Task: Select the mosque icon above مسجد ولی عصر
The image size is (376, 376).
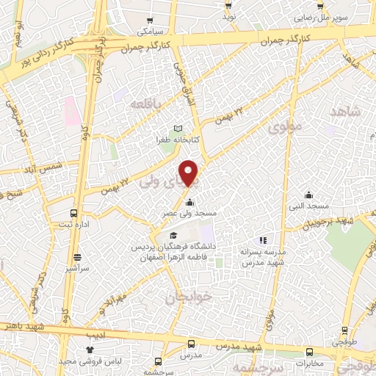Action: (189, 203)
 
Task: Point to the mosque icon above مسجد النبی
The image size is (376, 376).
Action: (309, 195)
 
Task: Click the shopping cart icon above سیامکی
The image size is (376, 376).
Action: (151, 21)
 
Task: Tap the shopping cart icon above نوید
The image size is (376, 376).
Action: (229, 5)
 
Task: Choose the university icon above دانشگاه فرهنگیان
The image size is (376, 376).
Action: (173, 236)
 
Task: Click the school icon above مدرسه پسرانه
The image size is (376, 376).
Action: (261, 240)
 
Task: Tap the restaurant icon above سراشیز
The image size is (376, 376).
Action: (78, 258)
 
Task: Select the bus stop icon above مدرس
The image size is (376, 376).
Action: (191, 344)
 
